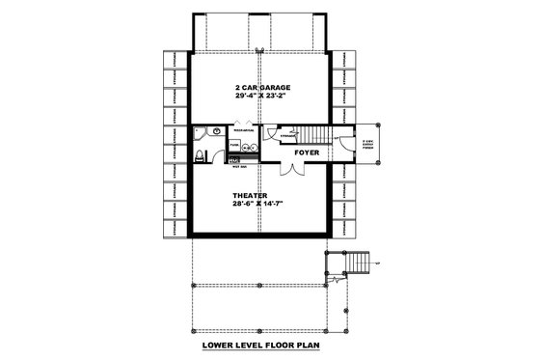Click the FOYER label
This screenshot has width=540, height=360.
click(308, 152)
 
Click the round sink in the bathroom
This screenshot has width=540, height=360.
click(216, 130)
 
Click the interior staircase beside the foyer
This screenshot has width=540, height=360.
click(312, 134)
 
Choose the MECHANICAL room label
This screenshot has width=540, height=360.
click(243, 127)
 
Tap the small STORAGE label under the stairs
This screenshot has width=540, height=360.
click(286, 137)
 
